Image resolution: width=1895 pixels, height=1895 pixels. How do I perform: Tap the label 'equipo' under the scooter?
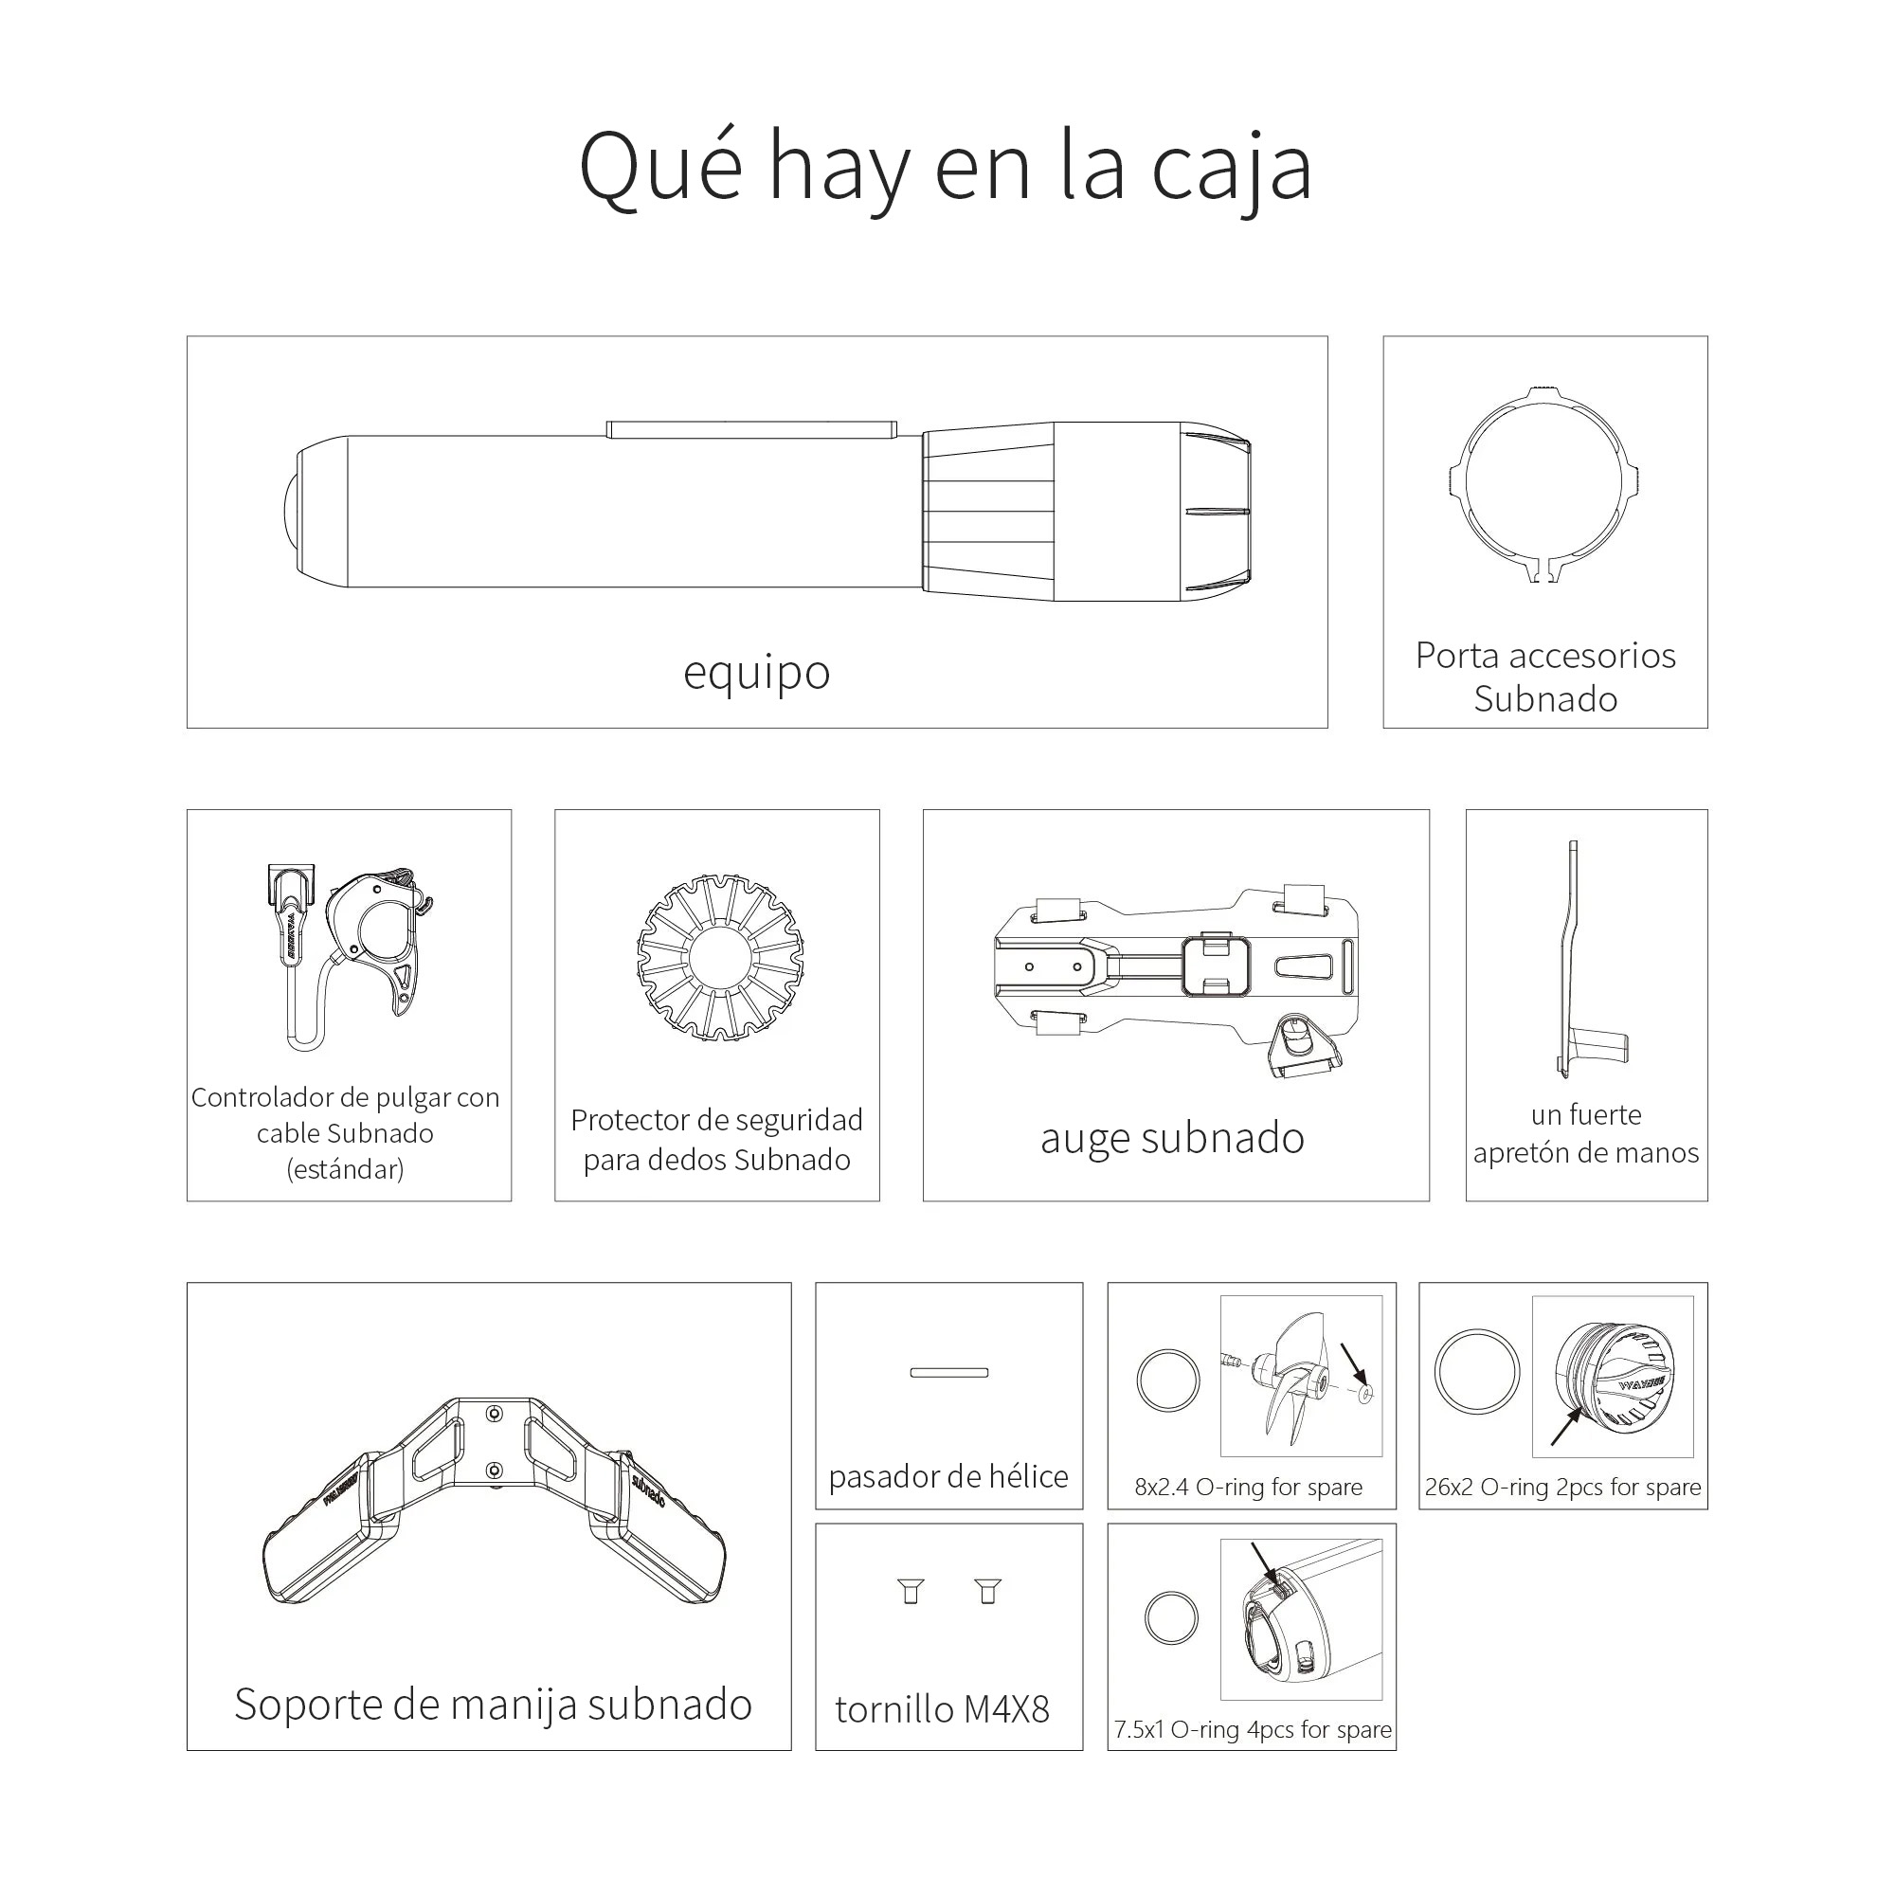756,673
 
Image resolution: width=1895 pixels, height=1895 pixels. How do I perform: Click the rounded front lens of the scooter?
286,513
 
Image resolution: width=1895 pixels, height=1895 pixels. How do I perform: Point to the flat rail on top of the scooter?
750,429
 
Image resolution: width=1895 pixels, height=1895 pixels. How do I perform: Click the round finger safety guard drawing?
720,957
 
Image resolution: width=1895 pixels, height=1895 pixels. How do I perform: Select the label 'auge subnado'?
1172,1138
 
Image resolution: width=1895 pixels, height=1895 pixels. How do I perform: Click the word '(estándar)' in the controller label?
345,1169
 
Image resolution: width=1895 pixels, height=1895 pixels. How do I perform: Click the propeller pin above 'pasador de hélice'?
948,1372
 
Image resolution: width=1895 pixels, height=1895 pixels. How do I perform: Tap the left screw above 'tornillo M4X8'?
911,1590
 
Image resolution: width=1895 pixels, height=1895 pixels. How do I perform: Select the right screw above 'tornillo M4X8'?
987,1590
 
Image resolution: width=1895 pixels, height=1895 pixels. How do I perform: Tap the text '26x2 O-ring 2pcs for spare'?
1562,1487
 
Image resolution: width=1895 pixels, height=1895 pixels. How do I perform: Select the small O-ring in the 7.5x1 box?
1171,1617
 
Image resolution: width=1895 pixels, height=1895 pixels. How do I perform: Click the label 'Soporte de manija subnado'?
493,1705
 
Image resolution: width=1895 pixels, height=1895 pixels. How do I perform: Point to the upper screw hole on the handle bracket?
495,1414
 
